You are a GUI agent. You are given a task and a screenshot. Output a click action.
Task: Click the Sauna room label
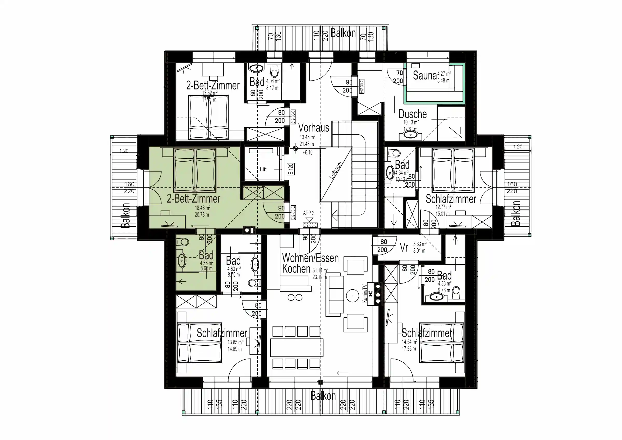425,75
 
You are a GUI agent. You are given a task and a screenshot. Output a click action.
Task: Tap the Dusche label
412,114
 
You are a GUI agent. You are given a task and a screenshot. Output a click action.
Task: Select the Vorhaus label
313,127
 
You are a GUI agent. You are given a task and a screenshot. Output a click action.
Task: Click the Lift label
263,169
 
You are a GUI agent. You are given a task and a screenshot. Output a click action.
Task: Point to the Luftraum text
336,170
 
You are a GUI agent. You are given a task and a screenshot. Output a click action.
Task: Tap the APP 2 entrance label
309,213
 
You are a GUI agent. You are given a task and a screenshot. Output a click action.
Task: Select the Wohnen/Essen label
310,258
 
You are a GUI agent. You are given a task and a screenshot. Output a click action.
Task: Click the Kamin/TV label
365,293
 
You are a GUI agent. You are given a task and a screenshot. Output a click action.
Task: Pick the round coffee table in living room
352,296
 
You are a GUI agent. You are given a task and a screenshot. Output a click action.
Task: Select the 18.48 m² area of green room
202,208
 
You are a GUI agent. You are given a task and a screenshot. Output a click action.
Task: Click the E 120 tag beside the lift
291,169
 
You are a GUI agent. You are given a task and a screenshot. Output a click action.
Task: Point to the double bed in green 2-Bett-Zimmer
195,170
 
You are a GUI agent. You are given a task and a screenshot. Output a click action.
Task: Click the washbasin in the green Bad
182,261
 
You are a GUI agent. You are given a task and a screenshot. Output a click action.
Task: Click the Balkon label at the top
343,33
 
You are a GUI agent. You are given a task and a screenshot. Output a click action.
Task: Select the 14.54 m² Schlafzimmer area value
409,342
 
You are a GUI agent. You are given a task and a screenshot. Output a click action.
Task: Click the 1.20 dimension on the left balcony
124,151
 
